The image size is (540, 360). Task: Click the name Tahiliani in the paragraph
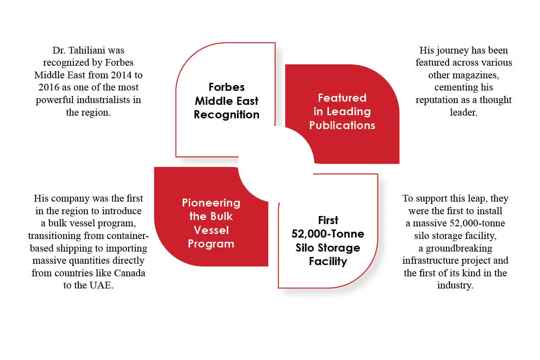pos(87,50)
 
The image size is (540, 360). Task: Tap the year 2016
pos(49,87)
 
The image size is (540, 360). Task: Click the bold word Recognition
pos(227,115)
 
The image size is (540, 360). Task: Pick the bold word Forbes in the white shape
pos(227,87)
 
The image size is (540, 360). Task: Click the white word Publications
pos(342,126)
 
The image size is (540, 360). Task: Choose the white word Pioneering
pos(211,203)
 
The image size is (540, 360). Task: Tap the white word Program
pos(211,244)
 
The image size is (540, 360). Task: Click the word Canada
pos(130,273)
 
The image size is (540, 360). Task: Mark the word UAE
pos(101,285)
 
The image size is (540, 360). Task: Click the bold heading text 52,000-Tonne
pos(328,234)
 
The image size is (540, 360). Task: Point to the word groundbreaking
pos(459,248)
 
